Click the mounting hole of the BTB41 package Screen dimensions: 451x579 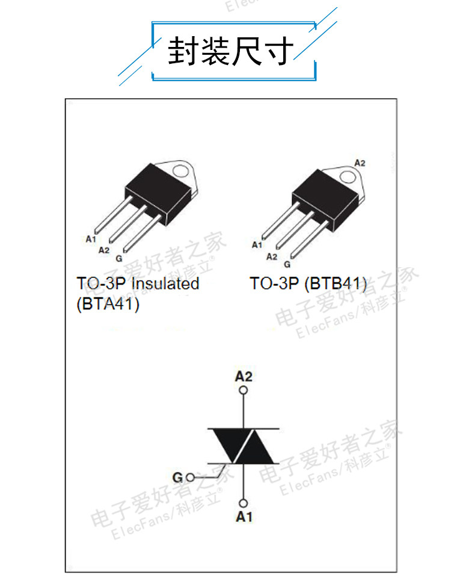pos(348,177)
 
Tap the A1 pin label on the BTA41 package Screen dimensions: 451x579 pos(91,239)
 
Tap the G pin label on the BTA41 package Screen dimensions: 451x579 pos(118,258)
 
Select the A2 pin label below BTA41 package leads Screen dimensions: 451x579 pos(103,249)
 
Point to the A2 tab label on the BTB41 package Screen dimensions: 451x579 pos(360,163)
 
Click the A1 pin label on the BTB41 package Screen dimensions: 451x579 pos(257,244)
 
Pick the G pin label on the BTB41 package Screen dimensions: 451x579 pos(287,264)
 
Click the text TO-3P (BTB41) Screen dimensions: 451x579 pos(308,283)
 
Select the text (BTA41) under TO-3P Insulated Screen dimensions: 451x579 pos(108,305)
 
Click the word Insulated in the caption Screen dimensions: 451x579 pos(165,283)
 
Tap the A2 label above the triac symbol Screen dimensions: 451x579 pos(244,377)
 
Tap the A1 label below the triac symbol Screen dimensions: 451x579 pos(244,516)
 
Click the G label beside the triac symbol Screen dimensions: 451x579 pos(177,478)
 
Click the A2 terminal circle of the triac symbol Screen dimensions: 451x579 pos(244,390)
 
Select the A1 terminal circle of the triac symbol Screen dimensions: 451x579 pos(244,503)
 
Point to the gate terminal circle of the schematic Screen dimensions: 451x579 pos(191,478)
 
